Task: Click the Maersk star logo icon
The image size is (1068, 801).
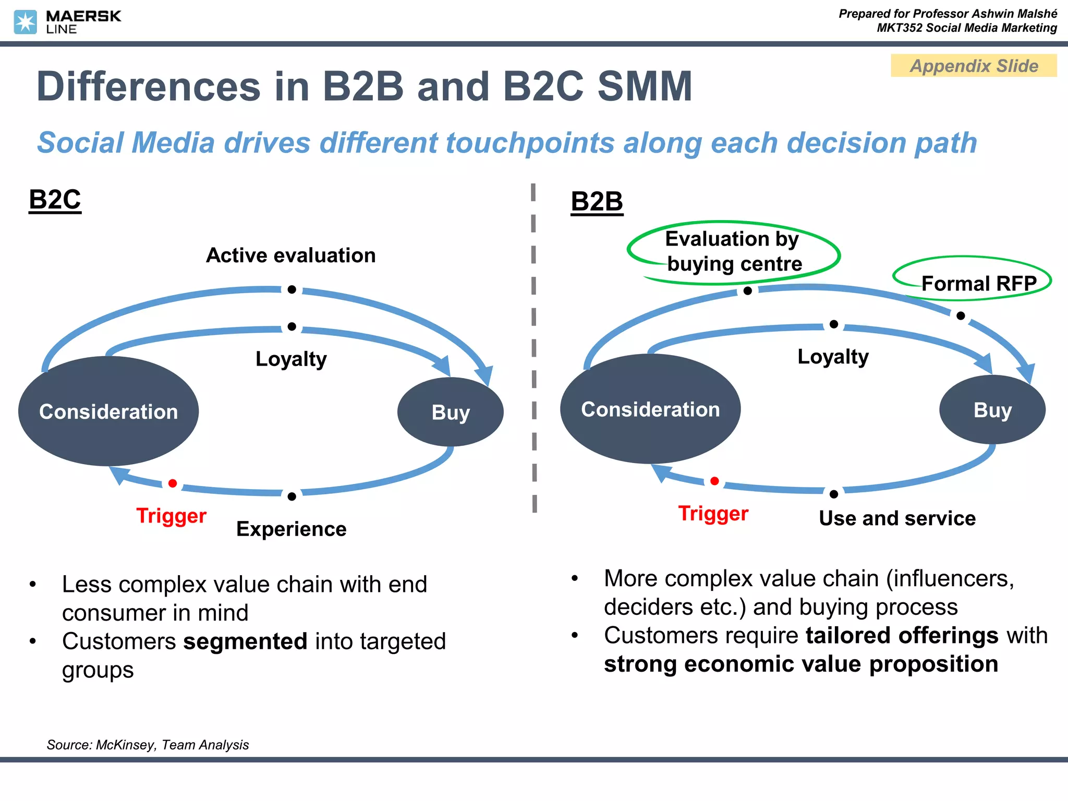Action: pos(25,22)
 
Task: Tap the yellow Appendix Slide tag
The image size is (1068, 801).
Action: pos(973,66)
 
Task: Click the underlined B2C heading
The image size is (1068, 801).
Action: pos(55,200)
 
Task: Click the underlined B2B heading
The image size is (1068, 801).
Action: pos(597,202)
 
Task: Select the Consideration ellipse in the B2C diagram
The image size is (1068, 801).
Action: pos(108,411)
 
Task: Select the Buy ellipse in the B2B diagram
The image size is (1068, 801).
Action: pos(992,410)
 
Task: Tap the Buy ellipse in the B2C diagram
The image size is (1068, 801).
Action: pos(450,412)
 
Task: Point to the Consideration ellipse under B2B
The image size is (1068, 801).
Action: pos(650,409)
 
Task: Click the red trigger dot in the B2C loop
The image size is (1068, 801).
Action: pos(173,483)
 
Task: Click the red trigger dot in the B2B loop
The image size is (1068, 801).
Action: pos(714,481)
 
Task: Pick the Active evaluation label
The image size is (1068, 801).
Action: pos(290,256)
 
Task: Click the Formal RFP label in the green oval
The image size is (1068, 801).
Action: pos(978,284)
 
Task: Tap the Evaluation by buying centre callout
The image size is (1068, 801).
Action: pos(733,251)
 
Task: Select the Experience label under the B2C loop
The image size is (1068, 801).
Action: pos(291,529)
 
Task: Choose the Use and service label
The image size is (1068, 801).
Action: pos(897,518)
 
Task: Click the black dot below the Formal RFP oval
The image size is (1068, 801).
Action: pos(961,315)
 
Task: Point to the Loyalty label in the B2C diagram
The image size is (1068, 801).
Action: pos(291,359)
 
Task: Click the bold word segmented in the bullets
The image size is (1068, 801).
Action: pos(245,641)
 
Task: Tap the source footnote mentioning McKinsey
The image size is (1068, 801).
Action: pos(148,745)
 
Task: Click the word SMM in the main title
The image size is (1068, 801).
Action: pos(645,87)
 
